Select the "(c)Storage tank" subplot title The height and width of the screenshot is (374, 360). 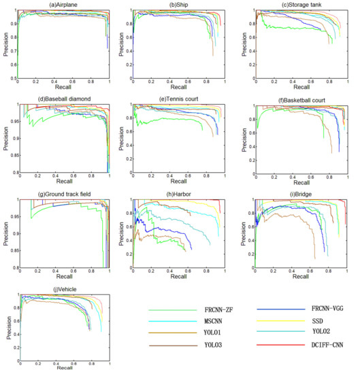click(299, 5)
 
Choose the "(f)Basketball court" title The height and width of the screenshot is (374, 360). click(300, 99)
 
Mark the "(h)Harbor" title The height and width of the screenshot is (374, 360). click(180, 194)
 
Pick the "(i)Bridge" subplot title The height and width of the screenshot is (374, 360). click(300, 194)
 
